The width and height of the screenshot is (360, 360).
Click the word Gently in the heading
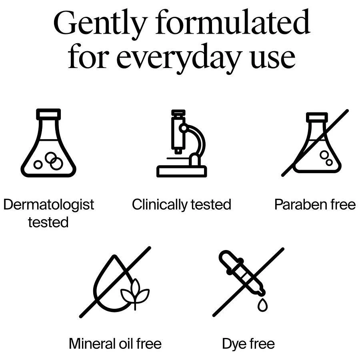tap(100, 24)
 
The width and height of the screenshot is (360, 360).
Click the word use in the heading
tap(272, 60)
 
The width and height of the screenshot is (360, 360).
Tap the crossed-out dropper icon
tap(248, 282)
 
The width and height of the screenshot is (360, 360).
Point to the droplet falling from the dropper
tap(263, 305)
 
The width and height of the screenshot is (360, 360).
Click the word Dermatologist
tap(49, 204)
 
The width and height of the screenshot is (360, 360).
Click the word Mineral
tap(92, 344)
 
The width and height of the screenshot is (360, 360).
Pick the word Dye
tap(234, 344)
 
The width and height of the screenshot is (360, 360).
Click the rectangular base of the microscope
tap(182, 171)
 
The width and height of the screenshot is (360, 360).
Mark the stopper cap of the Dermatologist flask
tap(48, 114)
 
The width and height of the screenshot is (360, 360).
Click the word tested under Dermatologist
tap(48, 222)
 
